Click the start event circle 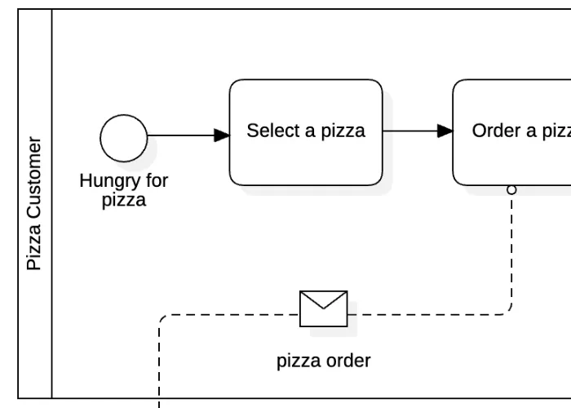coord(124,138)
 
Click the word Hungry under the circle coord(104,181)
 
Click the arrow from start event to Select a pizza coord(179,135)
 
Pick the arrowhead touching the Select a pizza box coord(221,135)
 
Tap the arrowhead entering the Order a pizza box coord(445,131)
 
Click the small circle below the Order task coord(511,190)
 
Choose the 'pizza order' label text coord(324,361)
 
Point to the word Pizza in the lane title coord(34,246)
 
